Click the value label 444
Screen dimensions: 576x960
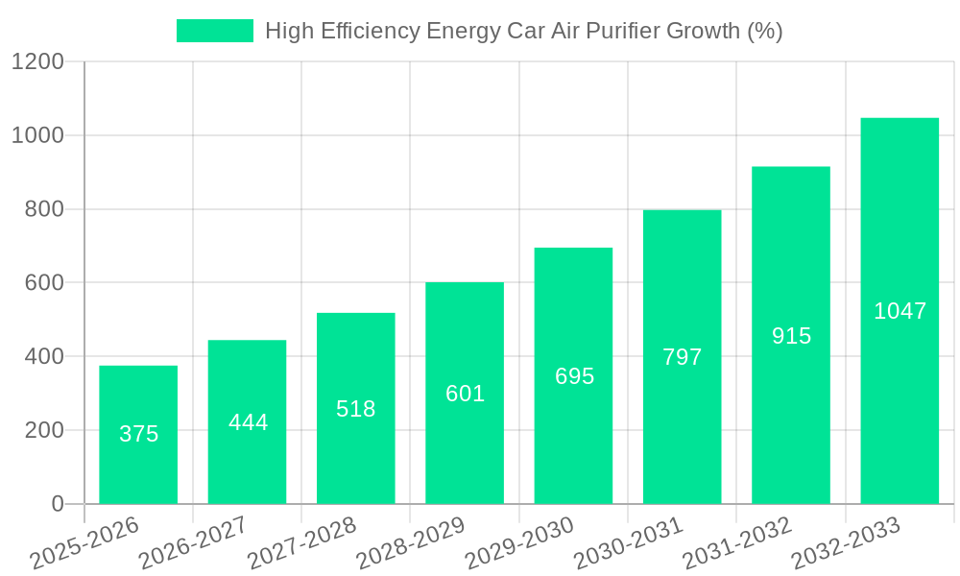[248, 422]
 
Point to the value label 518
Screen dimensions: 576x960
[356, 409]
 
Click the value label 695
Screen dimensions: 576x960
[574, 376]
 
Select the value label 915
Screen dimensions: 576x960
[791, 336]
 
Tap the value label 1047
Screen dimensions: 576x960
[900, 311]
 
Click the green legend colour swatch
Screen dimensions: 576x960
[214, 31]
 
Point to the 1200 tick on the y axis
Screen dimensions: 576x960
[37, 62]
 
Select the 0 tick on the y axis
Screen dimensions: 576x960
[57, 504]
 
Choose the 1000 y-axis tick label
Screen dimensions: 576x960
[37, 136]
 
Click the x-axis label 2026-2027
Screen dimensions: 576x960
[192, 543]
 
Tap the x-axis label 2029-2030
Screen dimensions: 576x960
[518, 543]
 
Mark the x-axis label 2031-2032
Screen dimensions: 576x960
[736, 543]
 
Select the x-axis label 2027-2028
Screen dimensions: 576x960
[300, 543]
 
